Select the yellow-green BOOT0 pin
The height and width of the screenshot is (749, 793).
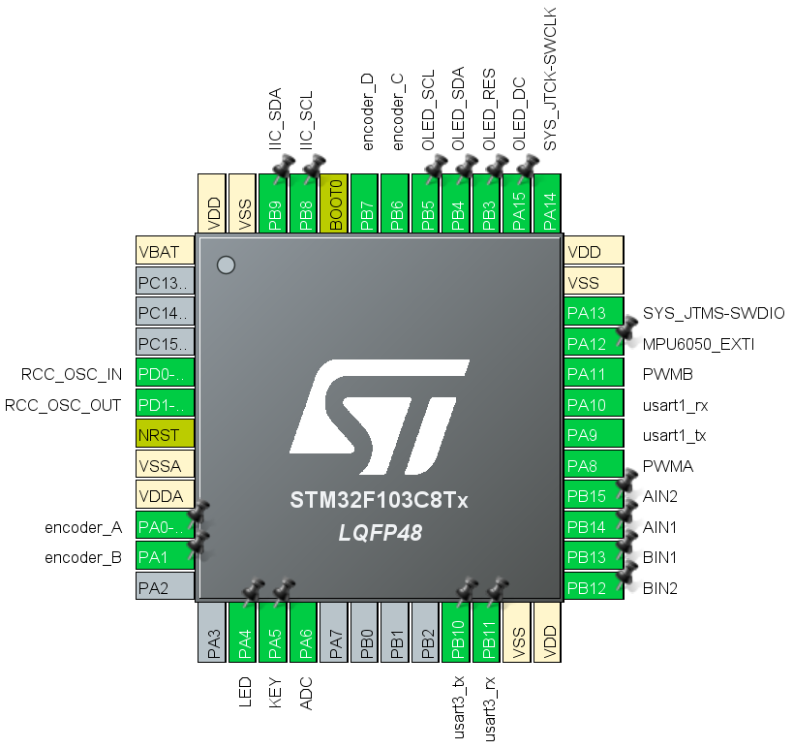pos(334,203)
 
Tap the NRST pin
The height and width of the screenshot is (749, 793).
pos(166,435)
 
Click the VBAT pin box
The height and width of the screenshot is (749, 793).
pos(166,252)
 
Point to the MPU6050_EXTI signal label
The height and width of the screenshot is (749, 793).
pos(697,344)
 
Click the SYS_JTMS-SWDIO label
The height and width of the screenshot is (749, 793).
pos(714,313)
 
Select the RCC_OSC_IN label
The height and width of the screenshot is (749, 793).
pos(72,374)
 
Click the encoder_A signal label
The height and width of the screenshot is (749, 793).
pos(83,527)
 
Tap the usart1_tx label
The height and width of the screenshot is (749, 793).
pos(675,435)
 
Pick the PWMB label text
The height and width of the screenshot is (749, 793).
pos(667,374)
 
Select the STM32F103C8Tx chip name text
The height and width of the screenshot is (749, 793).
pos(380,502)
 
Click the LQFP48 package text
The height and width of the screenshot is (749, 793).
pos(379,534)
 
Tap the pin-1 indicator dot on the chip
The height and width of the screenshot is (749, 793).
pos(226,265)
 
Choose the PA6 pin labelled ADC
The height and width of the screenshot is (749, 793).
pos(303,632)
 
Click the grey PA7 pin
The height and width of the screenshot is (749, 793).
pos(334,632)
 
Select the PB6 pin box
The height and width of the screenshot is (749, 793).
pos(395,203)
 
